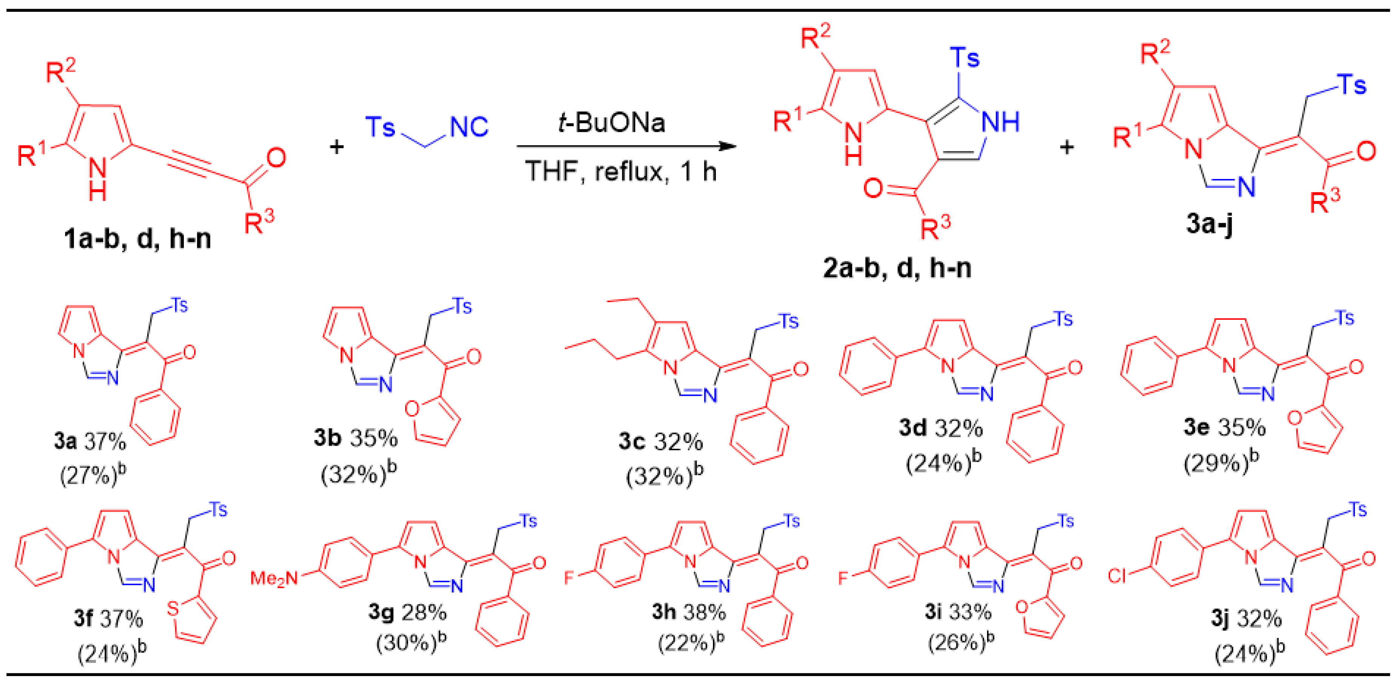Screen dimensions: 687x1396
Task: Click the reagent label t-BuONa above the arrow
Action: pyautogui.click(x=611, y=122)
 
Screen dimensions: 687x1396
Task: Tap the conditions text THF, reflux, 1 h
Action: pyautogui.click(x=620, y=171)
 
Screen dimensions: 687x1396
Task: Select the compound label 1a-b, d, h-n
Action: pyautogui.click(x=137, y=239)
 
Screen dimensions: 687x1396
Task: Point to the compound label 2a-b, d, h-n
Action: pyautogui.click(x=897, y=268)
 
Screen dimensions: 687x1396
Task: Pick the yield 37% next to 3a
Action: pyautogui.click(x=105, y=442)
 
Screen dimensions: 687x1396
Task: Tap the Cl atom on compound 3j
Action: pyautogui.click(x=1117, y=575)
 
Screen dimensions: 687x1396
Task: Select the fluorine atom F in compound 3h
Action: pyautogui.click(x=568, y=577)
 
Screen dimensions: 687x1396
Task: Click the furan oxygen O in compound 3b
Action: pyautogui.click(x=412, y=408)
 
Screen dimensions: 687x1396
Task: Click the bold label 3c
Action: pyautogui.click(x=631, y=442)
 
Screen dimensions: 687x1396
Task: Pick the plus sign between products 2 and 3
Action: pyautogui.click(x=1066, y=147)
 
